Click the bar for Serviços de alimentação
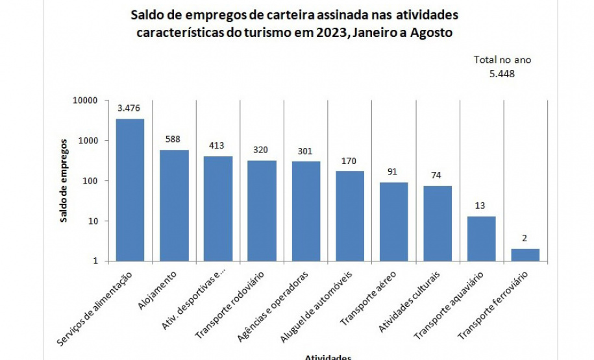pyautogui.click(x=130, y=190)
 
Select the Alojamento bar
pyautogui.click(x=174, y=206)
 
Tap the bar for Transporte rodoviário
pyautogui.click(x=262, y=211)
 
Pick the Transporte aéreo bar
pyautogui.click(x=394, y=222)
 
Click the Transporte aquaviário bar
pyautogui.click(x=482, y=239)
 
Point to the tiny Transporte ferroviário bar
pyautogui.click(x=525, y=255)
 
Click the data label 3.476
pyautogui.click(x=130, y=108)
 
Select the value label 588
pyautogui.click(x=174, y=139)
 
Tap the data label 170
pyautogui.click(x=350, y=160)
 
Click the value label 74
pyautogui.click(x=438, y=175)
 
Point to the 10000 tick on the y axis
pyautogui.click(x=84, y=101)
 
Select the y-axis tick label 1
pyautogui.click(x=95, y=261)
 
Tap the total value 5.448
pyautogui.click(x=502, y=73)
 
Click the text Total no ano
pyautogui.click(x=502, y=60)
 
